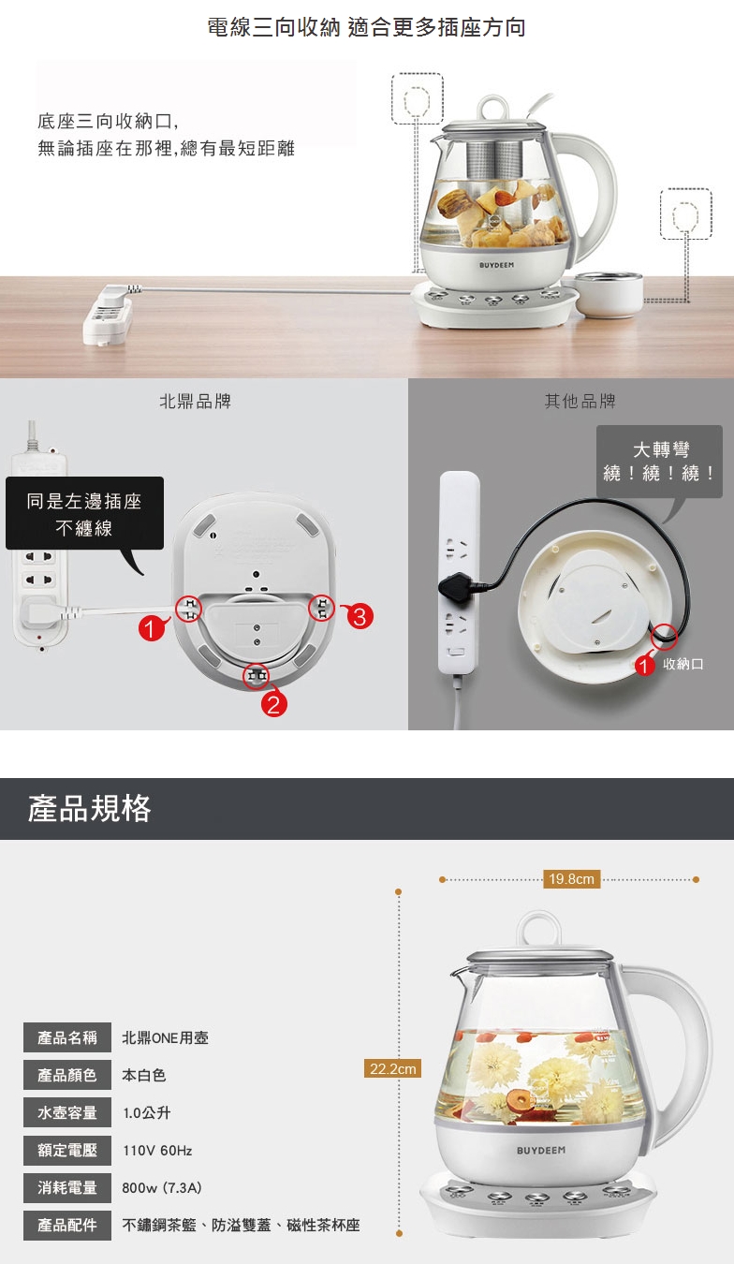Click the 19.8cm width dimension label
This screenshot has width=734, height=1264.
(571, 878)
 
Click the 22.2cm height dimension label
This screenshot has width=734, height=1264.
(392, 1068)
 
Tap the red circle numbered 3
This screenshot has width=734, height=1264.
(360, 616)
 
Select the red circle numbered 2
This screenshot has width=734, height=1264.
(273, 704)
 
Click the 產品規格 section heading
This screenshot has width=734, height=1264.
(89, 808)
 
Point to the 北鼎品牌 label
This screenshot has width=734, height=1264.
(196, 402)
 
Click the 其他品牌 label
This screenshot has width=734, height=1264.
(580, 402)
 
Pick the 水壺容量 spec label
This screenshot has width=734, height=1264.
(67, 1112)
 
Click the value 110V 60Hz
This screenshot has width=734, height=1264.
(157, 1150)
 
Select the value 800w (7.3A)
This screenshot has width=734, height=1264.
(162, 1188)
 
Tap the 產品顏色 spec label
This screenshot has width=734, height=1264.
(67, 1075)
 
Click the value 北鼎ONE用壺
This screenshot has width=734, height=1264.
(166, 1037)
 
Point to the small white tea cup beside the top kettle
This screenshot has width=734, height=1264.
(609, 293)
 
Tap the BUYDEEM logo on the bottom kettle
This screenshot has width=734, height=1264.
(540, 1150)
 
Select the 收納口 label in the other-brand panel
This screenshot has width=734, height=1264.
(683, 664)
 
